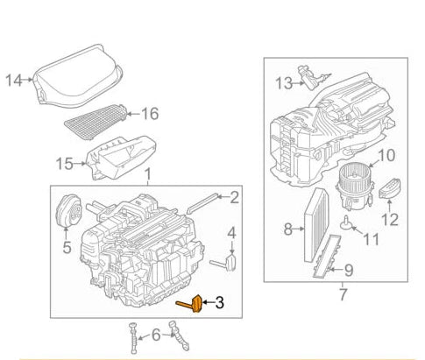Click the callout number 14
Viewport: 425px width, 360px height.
[x=13, y=81]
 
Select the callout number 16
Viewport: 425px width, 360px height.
[x=150, y=113]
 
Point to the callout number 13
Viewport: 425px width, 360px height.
[x=281, y=83]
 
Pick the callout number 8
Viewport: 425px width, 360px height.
[x=287, y=230]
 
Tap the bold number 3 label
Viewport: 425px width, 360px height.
[x=219, y=303]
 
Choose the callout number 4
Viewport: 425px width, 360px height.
[x=231, y=233]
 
